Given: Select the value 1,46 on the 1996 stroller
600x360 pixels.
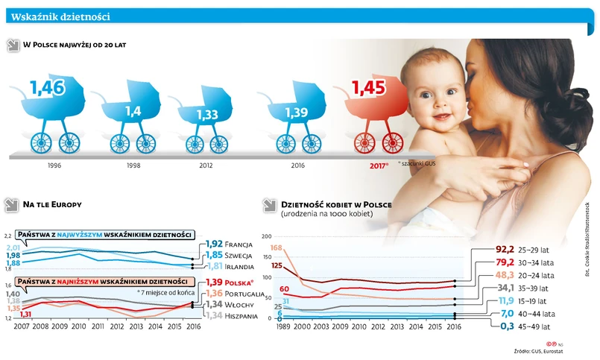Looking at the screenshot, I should tap(48, 89).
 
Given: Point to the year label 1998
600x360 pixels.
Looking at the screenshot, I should tap(133, 165).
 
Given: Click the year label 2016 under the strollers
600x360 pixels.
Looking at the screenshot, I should tap(297, 165).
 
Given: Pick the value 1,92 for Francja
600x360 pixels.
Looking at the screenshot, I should tap(215, 244).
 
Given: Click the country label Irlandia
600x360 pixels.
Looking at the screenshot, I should tap(243, 267).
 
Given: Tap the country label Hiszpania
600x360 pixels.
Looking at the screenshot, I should tap(243, 316).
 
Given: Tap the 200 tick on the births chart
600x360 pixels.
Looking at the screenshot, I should tap(267, 237).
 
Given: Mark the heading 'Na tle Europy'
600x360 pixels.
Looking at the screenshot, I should tap(52, 203).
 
